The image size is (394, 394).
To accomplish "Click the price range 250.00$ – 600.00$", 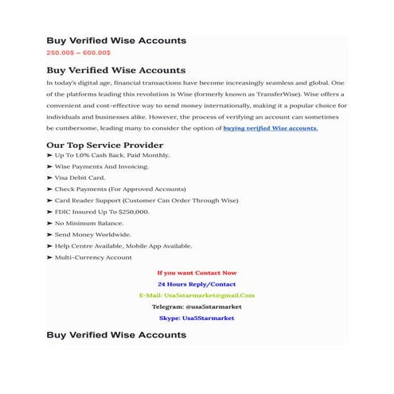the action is point(79,53).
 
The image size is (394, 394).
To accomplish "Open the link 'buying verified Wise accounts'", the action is point(270,127).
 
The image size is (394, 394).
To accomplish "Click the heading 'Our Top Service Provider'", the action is point(104,145).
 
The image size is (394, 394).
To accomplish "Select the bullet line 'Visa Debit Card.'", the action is point(80,177).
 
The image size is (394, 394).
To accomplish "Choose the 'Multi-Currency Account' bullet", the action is point(93,258).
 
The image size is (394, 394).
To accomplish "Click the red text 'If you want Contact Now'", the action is point(197,273).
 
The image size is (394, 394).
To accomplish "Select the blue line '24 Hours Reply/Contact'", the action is point(197,284).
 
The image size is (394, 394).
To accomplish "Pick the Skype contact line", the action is point(197,318).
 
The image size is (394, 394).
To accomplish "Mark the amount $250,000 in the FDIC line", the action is point(132,213).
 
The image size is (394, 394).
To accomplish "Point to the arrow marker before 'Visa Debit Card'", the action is point(49,177).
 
